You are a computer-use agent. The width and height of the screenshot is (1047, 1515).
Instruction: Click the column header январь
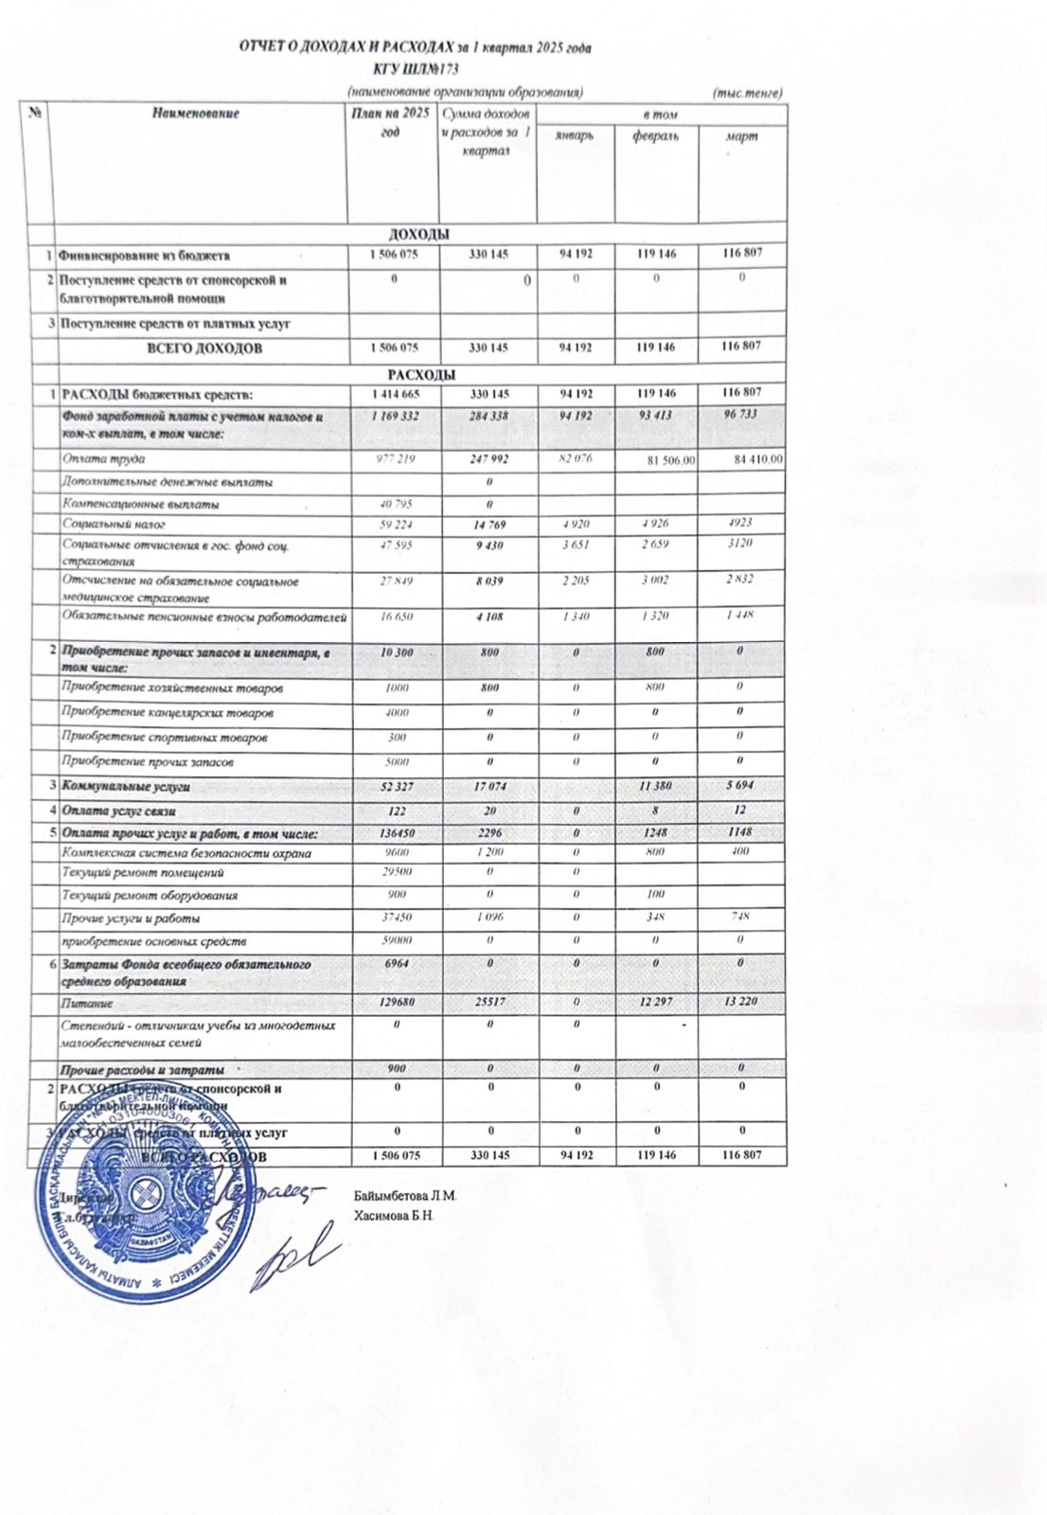coord(575,136)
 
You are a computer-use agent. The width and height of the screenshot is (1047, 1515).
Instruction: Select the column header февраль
coord(656,136)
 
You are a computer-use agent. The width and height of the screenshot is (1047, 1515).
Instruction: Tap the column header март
coord(741,136)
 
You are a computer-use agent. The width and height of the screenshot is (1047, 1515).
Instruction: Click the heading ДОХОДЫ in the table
coord(419,234)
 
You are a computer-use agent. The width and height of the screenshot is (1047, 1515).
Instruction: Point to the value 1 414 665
coord(394,393)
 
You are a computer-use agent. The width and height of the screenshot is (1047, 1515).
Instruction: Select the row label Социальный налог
coord(115,524)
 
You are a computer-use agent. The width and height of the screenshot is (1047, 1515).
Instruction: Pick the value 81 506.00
coord(670,460)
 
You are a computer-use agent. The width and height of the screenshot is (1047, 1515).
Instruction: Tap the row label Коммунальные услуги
coord(126,787)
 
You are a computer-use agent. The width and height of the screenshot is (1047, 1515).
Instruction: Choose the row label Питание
coord(88,1003)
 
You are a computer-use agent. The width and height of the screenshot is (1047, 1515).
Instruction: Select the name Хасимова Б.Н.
coord(394,1215)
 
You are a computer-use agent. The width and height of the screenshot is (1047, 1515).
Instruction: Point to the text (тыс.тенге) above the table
coord(748,93)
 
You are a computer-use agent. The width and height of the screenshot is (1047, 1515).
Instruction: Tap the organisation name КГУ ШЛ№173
coord(417,69)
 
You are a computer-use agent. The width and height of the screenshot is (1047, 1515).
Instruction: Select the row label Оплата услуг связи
coord(118,811)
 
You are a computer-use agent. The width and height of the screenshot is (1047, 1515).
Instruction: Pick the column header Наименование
coord(196,114)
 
